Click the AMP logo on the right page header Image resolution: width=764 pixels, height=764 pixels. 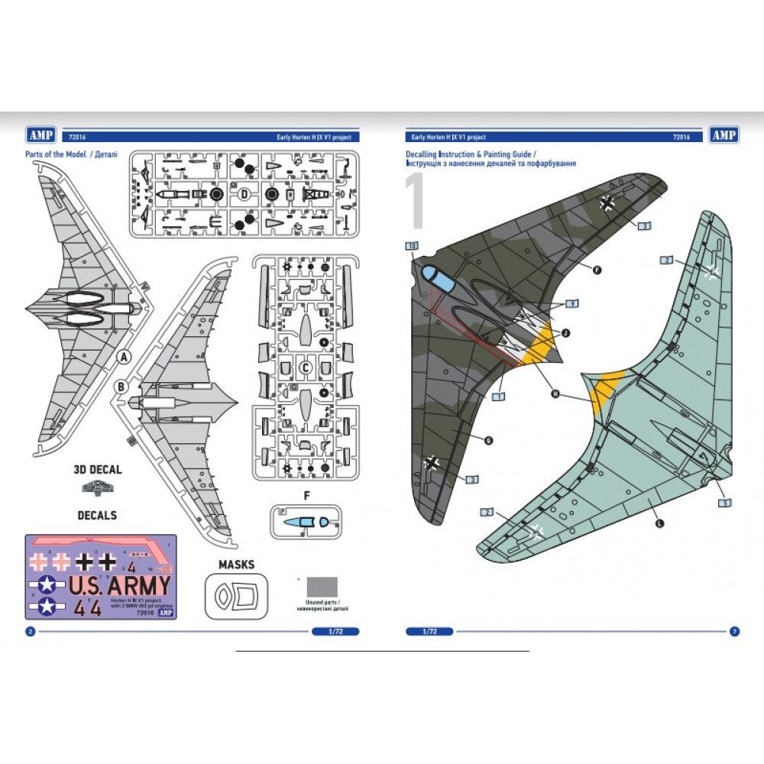[723, 135]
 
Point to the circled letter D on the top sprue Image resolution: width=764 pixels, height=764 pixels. [243, 194]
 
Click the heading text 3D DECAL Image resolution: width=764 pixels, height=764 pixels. [96, 470]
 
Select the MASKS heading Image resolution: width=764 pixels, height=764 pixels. [236, 565]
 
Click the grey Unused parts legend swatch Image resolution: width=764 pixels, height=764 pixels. [322, 587]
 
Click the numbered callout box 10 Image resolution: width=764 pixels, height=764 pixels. [412, 246]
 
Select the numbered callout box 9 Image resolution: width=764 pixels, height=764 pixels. [572, 303]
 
